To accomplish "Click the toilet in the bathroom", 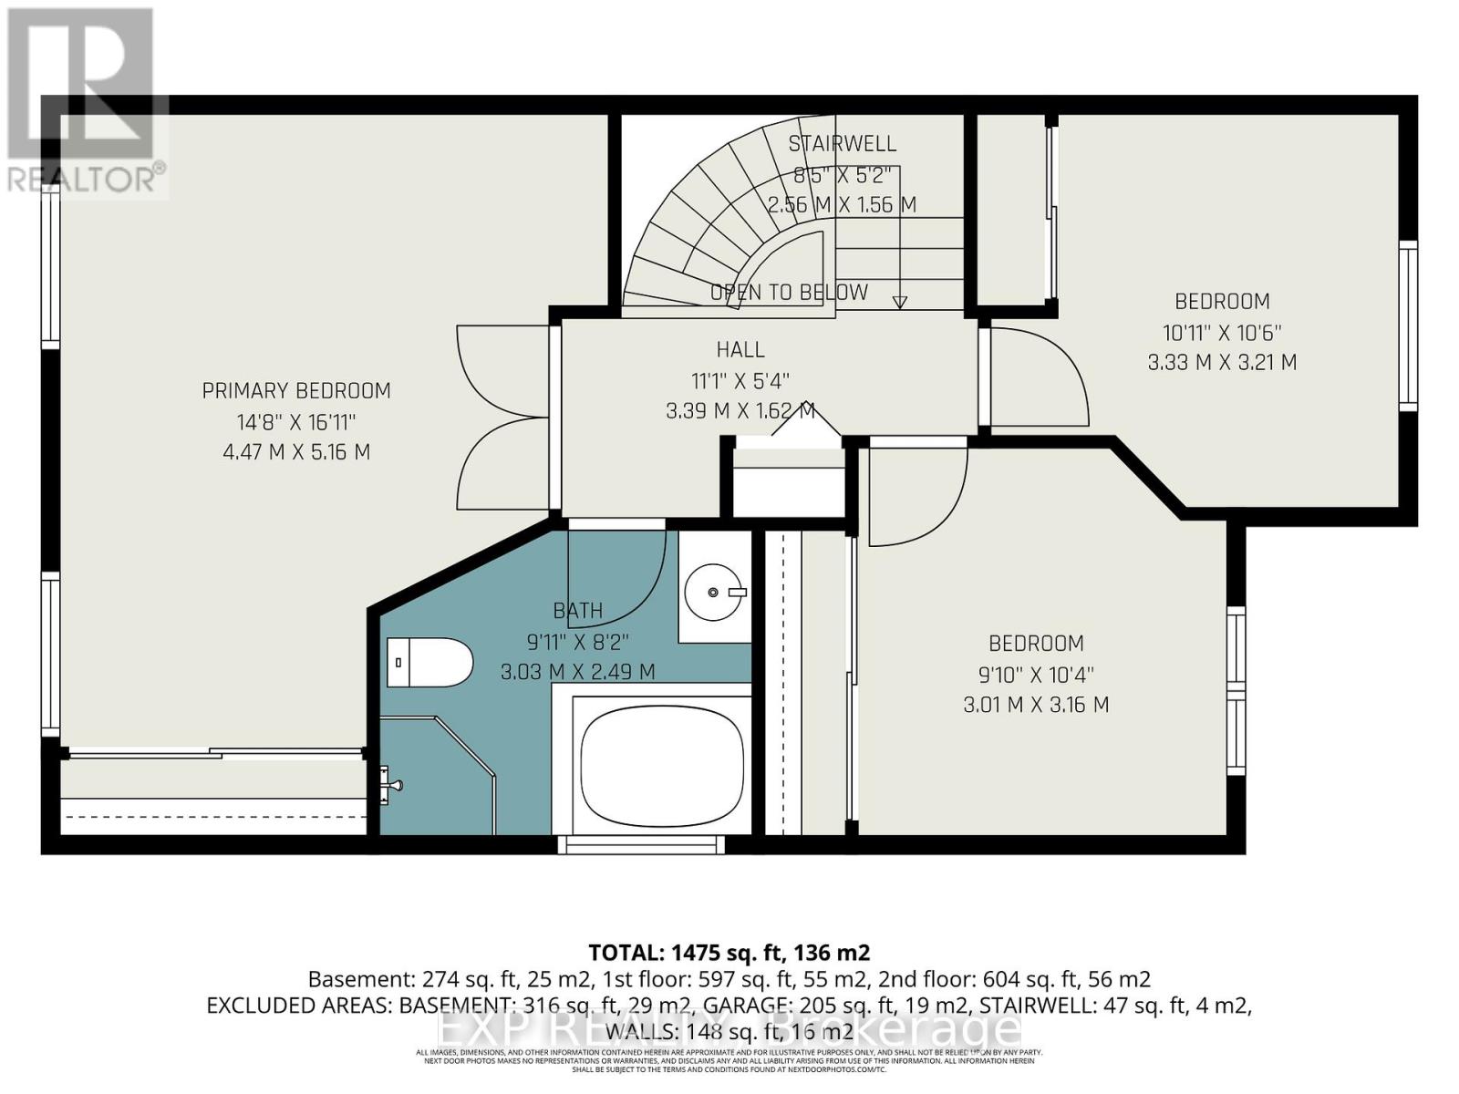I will (429, 662).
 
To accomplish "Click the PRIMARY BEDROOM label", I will (296, 391).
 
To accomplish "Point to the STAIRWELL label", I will (842, 143).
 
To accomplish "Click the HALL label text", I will (740, 349).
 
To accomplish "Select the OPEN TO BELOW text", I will (789, 293).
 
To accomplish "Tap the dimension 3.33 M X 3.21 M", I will (1222, 362).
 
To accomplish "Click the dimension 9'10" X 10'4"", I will (1036, 675).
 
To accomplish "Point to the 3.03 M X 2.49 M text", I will (577, 673).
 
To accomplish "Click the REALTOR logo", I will (84, 100).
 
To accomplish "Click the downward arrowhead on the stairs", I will (900, 302).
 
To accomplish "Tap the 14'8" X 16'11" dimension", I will (296, 422).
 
